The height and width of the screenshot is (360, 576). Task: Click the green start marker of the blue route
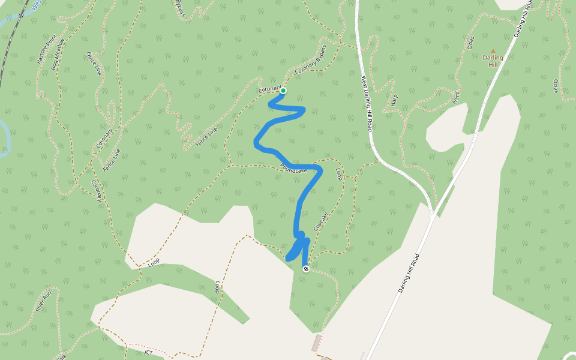(x=283, y=91)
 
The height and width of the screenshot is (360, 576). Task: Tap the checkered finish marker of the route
(x=306, y=269)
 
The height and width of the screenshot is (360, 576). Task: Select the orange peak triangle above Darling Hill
(x=493, y=51)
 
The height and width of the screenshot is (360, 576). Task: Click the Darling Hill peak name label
(x=493, y=61)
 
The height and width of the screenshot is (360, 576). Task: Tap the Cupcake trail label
(x=320, y=221)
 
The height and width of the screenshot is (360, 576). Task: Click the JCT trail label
(x=148, y=352)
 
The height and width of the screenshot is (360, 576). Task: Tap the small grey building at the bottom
(x=316, y=343)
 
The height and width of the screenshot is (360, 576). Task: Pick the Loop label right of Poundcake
(x=339, y=174)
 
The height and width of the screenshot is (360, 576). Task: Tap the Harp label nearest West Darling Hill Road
(x=394, y=100)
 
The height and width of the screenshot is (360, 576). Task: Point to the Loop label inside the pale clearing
(x=217, y=287)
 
